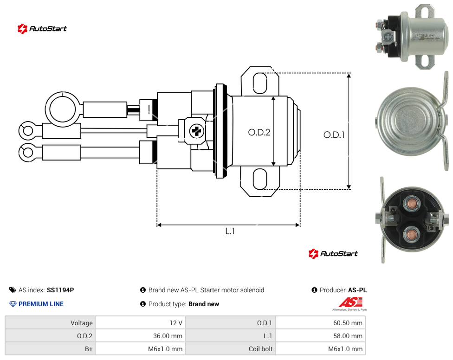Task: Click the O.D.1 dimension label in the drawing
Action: [x=334, y=135]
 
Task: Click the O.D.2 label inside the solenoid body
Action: [x=259, y=132]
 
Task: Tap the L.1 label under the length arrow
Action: [x=230, y=231]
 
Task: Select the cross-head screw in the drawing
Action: [x=197, y=131]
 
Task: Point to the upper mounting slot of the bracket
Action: [x=260, y=83]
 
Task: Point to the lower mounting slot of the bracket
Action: [x=260, y=179]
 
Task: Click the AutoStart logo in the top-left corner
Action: [x=42, y=29]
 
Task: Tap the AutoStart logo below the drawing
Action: [x=333, y=253]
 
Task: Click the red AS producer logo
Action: [x=350, y=304]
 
